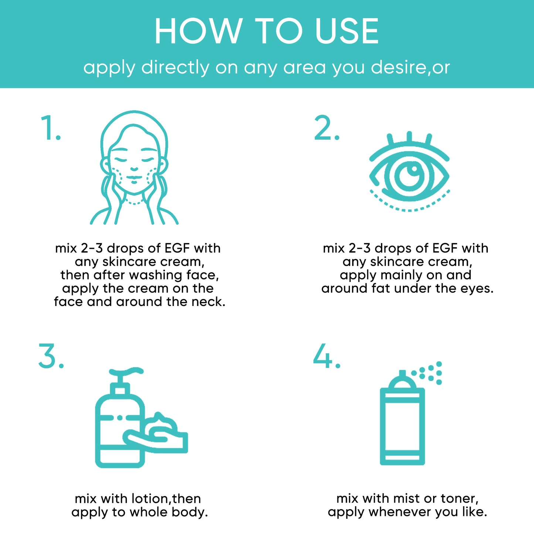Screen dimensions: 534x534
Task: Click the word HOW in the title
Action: [x=198, y=31]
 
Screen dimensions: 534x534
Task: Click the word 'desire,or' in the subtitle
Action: [x=410, y=68]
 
